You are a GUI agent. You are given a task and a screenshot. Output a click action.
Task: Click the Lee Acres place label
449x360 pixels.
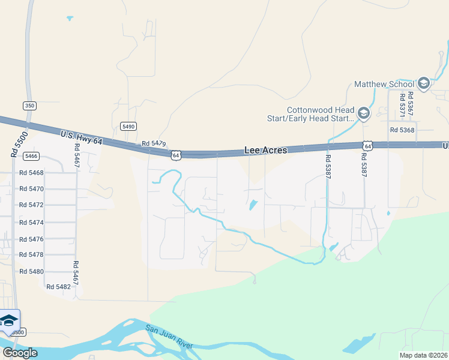coord(265,151)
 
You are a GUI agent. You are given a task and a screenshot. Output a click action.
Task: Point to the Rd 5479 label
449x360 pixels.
coord(154,145)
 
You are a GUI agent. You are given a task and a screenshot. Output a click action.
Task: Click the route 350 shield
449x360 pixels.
coord(29,106)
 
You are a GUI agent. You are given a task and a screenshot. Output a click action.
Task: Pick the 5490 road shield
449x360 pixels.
coord(128,126)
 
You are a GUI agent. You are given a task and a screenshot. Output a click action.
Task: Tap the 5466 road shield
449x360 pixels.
coord(31,156)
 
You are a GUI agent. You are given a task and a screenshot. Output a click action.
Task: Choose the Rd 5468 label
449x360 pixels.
coord(31,173)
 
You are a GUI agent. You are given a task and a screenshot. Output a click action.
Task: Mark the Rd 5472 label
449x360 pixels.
coord(31,205)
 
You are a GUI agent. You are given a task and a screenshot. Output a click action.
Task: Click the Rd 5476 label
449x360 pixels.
coord(31,239)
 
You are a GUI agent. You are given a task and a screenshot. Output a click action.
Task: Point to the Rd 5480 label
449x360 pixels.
coord(31,271)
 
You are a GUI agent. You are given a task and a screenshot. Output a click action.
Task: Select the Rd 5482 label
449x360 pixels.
coord(58,287)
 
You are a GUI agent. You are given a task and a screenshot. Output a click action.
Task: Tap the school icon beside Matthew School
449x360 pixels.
coord(423,83)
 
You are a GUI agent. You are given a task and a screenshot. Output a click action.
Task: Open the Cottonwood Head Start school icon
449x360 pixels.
coord(363,113)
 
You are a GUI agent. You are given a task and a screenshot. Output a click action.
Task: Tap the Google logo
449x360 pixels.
coord(20,353)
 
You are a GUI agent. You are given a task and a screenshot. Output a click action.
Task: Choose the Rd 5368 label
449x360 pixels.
coord(402,130)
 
